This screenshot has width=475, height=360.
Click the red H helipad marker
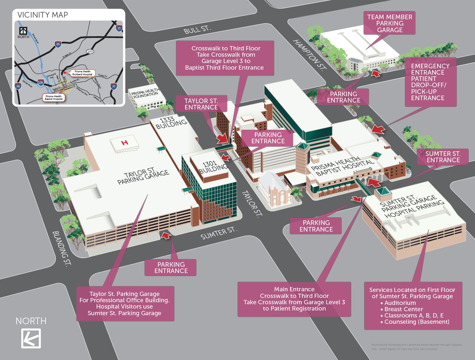[x=125, y=143]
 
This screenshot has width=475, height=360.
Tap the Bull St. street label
[x=197, y=29]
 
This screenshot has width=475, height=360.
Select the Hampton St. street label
[x=308, y=55]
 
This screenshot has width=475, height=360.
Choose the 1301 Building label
[x=213, y=167]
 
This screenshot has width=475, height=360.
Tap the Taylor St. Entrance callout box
[x=201, y=104]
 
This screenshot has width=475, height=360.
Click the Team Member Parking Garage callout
[x=389, y=23]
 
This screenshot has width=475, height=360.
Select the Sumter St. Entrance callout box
[x=443, y=157]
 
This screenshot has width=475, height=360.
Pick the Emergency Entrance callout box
[x=430, y=82]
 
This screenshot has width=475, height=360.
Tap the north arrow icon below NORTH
[x=31, y=338]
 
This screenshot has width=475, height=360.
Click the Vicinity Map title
[x=42, y=15]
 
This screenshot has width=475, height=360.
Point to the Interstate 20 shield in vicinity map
[x=58, y=44]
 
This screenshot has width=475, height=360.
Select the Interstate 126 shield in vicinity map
[x=40, y=82]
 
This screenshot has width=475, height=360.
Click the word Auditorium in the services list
[x=400, y=303]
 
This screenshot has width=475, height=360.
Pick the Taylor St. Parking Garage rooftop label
[x=143, y=176]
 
